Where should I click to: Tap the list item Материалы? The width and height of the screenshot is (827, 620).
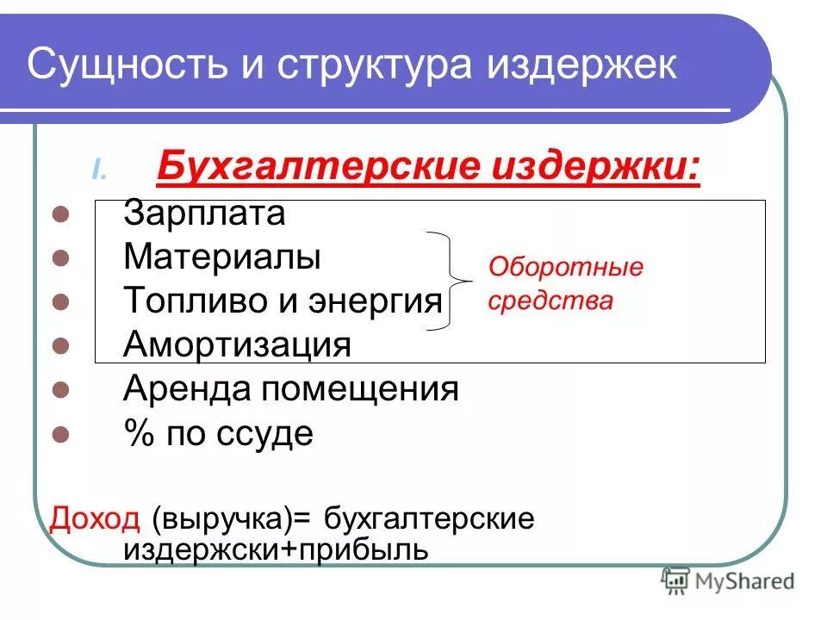point(221,257)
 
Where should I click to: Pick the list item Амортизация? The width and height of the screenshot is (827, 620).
point(237,345)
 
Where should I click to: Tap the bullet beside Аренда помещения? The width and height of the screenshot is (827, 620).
point(60,391)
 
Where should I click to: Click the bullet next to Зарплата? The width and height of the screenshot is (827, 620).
point(60,214)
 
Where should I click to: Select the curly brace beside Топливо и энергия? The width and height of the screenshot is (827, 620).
point(454,281)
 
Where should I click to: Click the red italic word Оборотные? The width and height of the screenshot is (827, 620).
point(566,267)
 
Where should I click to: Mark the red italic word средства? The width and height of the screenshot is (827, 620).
point(550,301)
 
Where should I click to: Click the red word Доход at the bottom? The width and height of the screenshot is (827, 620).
point(95,519)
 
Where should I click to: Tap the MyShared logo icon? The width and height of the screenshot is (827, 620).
point(676,582)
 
